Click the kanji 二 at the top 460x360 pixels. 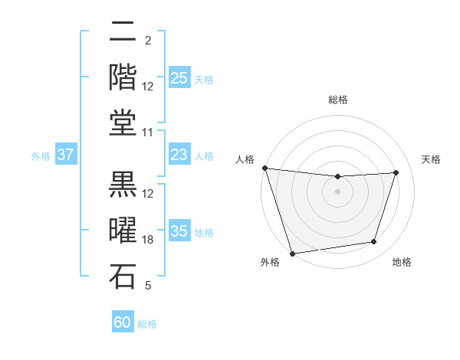click(x=123, y=32)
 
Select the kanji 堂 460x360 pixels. click(x=123, y=122)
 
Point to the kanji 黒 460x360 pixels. click(x=123, y=185)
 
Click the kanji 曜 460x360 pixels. click(x=123, y=231)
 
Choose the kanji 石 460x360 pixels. click(x=123, y=276)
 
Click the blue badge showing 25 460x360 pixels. click(x=179, y=77)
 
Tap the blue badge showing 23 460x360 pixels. click(x=179, y=155)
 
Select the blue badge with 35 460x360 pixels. click(x=179, y=231)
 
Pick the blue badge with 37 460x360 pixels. click(x=66, y=155)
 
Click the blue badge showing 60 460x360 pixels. click(x=123, y=322)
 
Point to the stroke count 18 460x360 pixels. click(x=148, y=240)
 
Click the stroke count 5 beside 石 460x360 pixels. click(x=148, y=286)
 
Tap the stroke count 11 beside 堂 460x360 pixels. click(x=148, y=133)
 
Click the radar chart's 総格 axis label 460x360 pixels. click(x=337, y=100)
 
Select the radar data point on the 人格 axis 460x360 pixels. click(x=264, y=168)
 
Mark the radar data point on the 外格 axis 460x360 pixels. click(x=292, y=253)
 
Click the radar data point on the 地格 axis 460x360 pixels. click(x=374, y=242)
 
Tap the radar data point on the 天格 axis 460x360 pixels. click(x=396, y=172)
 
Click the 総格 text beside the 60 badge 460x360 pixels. click(x=147, y=324)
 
